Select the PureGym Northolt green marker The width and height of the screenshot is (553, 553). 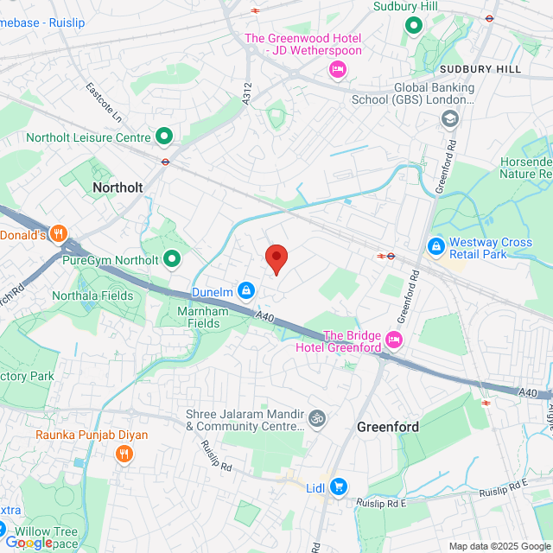pos(173,258)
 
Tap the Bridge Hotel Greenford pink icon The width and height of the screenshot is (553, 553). pos(394,338)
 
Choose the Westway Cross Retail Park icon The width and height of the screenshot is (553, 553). pos(437,247)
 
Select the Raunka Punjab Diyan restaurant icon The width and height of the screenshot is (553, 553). pos(125,453)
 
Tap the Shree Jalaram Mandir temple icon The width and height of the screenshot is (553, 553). pos(317,418)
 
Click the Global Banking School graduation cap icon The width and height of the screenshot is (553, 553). pos(449,118)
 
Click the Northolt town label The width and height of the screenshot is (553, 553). pos(117,187)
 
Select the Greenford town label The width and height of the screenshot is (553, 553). pos(388,427)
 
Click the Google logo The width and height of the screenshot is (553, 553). pos(29,542)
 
